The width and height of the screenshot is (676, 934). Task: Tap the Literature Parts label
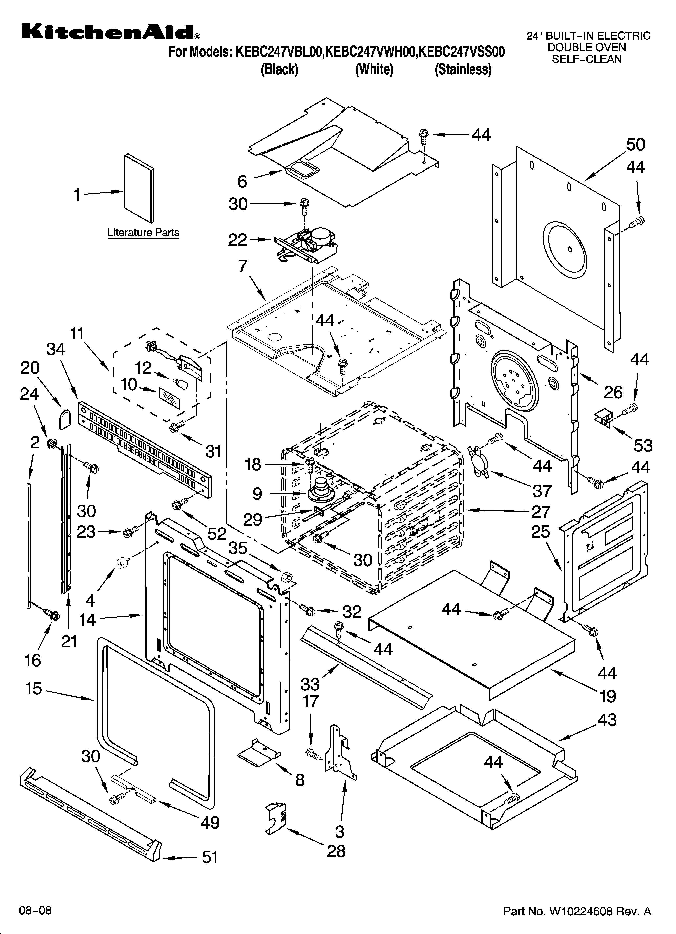pos(143,233)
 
